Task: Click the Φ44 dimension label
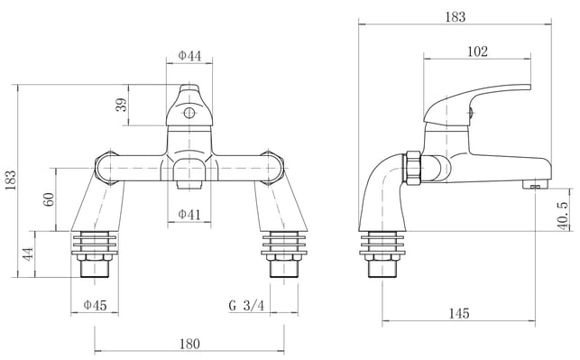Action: (x=189, y=56)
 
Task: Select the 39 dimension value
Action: (x=121, y=105)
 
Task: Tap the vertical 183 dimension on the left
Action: (x=10, y=180)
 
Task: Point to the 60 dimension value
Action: (x=49, y=199)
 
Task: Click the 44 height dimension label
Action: (x=28, y=254)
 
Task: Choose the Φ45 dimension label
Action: (x=95, y=305)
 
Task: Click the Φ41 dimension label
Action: (x=189, y=214)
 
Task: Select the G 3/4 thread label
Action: (x=247, y=306)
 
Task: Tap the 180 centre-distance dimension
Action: (x=189, y=344)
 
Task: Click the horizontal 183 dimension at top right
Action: (x=455, y=16)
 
